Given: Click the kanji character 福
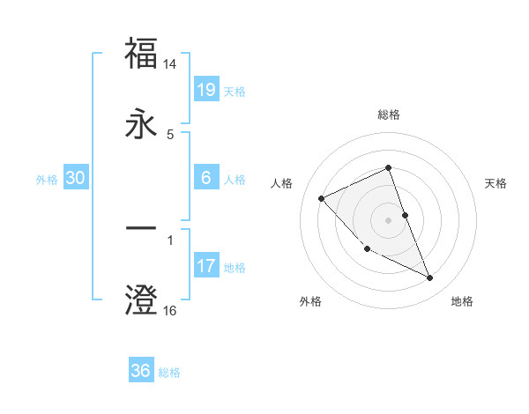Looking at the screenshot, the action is coord(141,54).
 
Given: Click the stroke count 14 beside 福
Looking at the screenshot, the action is coord(170,64).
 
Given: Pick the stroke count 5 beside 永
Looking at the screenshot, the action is coord(170,134).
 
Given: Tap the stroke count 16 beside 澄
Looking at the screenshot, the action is coord(170,310).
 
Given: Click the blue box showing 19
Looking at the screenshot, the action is coord(205,89).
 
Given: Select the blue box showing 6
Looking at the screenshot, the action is coord(205,177).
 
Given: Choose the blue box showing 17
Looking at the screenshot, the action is coord(205,265).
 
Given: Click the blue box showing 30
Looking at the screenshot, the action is coord(76,178).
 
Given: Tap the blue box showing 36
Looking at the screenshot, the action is coord(140,371).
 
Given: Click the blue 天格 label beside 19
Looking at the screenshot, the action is coord(235,92).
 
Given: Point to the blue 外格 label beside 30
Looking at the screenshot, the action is coord(47,180).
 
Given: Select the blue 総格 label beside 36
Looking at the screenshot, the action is coord(169,373).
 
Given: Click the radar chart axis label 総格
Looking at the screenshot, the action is coord(388,115).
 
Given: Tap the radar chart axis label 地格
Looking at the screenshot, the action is coord(462,301).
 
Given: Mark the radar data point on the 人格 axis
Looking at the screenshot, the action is coord(322,198).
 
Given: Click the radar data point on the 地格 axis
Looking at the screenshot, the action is coord(430,278).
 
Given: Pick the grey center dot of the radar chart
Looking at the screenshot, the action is coord(388,219).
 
